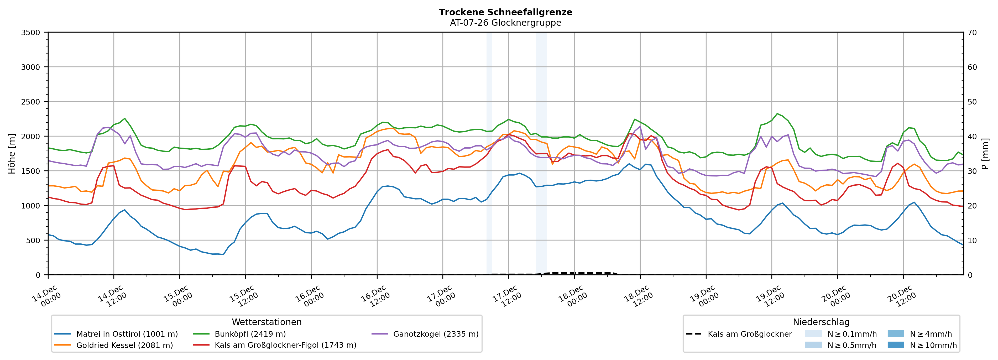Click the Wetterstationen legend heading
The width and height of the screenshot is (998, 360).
click(267, 322)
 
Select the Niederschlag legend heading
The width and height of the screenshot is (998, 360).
click(821, 322)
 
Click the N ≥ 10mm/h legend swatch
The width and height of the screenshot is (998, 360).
click(895, 345)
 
